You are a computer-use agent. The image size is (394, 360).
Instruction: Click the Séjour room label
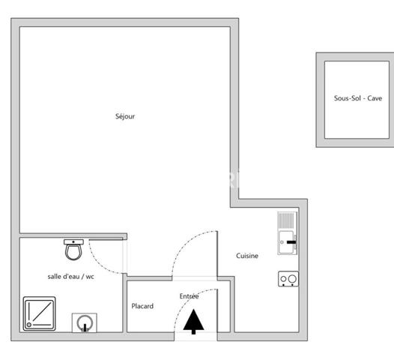pyautogui.click(x=125, y=116)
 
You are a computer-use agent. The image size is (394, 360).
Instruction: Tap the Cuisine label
pyautogui.click(x=247, y=256)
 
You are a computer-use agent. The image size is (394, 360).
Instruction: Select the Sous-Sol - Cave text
pyautogui.click(x=358, y=98)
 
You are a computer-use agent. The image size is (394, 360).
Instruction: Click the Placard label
pyautogui.click(x=142, y=306)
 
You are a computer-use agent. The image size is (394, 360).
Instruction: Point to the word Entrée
pyautogui.click(x=189, y=296)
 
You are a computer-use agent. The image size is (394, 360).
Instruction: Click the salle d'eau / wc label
pyautogui.click(x=70, y=277)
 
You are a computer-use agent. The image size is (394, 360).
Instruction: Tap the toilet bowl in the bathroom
pyautogui.click(x=73, y=252)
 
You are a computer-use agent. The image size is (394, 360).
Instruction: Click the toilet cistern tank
pyautogui.click(x=73, y=242)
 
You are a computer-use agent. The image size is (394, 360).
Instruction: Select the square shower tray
pyautogui.click(x=39, y=313)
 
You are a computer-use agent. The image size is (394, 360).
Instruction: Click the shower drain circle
pyautogui.click(x=29, y=325)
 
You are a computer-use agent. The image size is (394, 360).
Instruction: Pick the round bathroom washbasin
pyautogui.click(x=85, y=322)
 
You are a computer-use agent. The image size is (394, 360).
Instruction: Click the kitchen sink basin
pyautogui.click(x=286, y=242)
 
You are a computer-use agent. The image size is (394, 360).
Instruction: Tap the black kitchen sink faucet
pyautogui.click(x=291, y=242)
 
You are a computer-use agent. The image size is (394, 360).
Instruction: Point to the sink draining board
pyautogui.click(x=286, y=220)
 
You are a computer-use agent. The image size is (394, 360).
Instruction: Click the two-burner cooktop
pyautogui.click(x=288, y=279)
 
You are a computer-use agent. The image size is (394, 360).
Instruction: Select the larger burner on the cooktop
pyautogui.click(x=292, y=279)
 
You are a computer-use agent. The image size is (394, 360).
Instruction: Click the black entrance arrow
pyautogui.click(x=193, y=322)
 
